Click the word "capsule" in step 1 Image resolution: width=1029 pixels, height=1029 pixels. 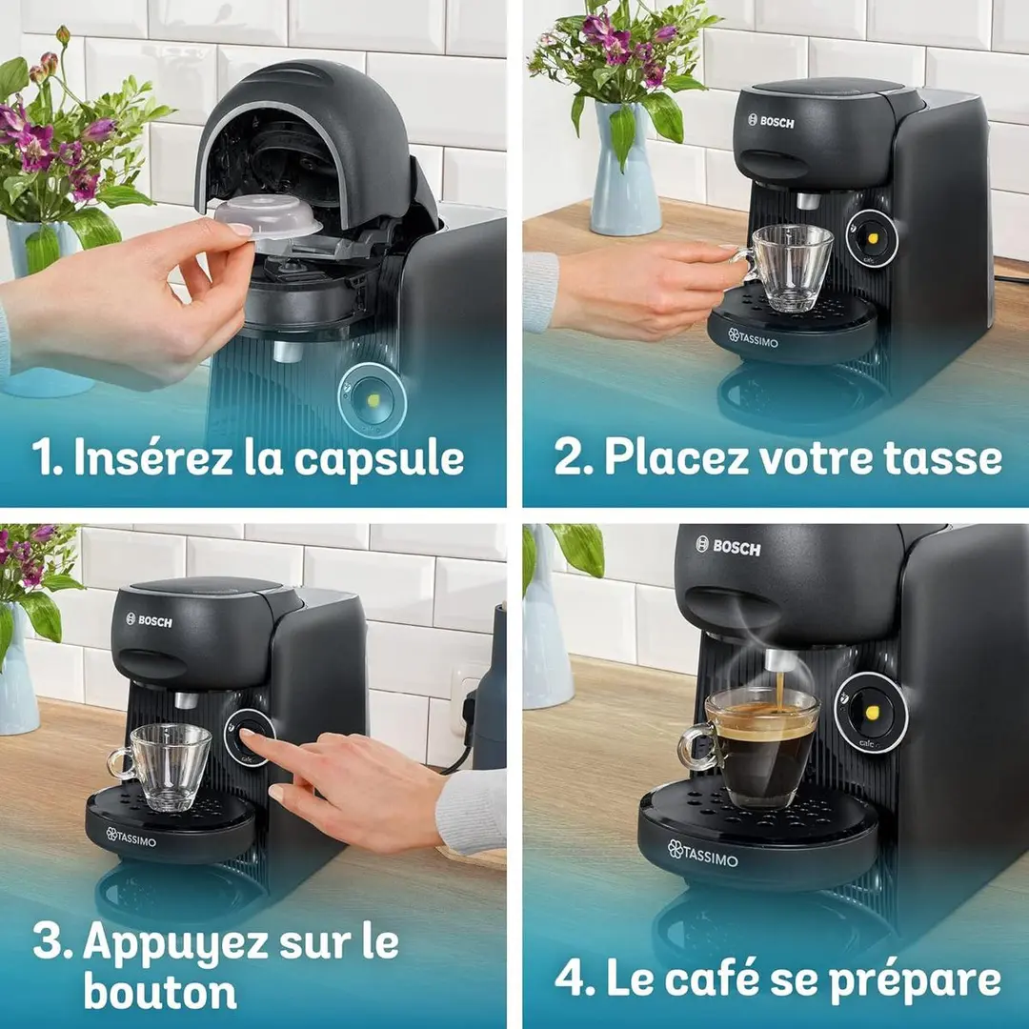[x=378, y=458]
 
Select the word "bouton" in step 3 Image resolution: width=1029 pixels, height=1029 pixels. [x=160, y=992]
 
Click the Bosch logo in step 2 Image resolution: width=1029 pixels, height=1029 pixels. [x=771, y=121]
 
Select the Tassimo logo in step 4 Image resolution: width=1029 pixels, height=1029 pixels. [x=702, y=853]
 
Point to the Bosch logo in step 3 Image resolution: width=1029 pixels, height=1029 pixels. [x=149, y=620]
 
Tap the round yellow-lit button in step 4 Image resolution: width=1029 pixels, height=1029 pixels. [x=871, y=712]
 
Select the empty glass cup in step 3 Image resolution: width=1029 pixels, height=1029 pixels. [x=160, y=766]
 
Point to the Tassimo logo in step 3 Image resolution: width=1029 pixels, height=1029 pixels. [x=131, y=837]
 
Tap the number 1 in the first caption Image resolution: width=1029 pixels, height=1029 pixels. [x=45, y=457]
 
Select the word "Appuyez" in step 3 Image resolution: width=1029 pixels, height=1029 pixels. [x=175, y=943]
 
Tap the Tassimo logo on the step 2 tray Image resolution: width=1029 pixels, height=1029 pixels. [x=753, y=338]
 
